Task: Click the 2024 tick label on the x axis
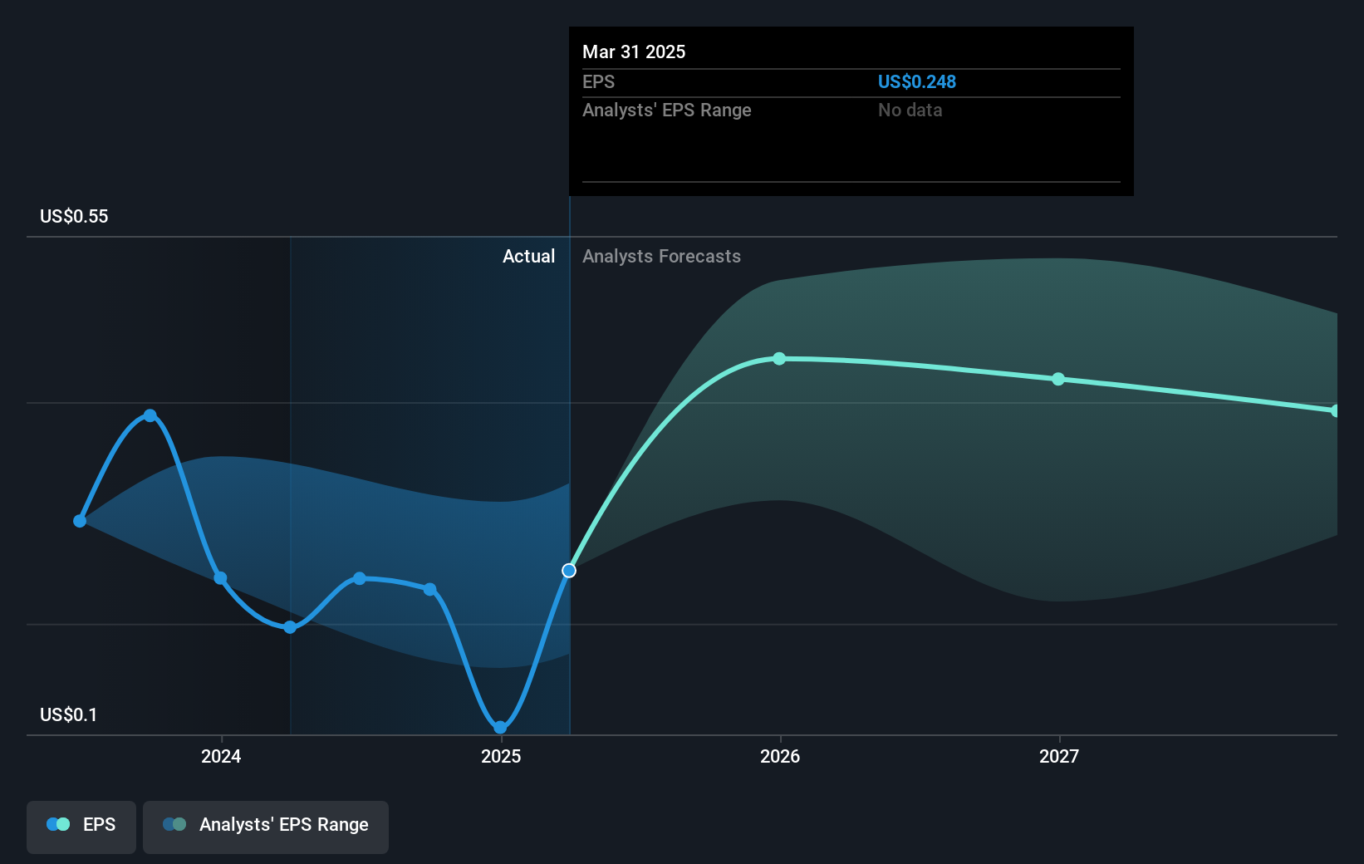[221, 756]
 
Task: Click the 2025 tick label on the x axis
[501, 756]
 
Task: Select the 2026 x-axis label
[780, 756]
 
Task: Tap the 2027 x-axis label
[1059, 756]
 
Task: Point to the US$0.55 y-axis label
[74, 217]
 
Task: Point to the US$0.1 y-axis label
[68, 715]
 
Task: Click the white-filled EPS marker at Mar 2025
[569, 571]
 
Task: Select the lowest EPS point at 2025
[500, 728]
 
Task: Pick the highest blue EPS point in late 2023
[150, 415]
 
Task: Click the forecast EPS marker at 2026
[779, 359]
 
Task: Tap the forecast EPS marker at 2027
[1058, 379]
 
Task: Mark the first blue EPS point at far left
[80, 521]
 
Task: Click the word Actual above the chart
[528, 257]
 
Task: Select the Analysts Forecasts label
[661, 257]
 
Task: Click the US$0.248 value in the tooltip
[916, 82]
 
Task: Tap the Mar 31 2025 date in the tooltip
[634, 52]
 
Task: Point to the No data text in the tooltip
[910, 110]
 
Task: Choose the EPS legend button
[81, 825]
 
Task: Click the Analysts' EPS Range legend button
[266, 825]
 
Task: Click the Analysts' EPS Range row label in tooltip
[666, 110]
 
